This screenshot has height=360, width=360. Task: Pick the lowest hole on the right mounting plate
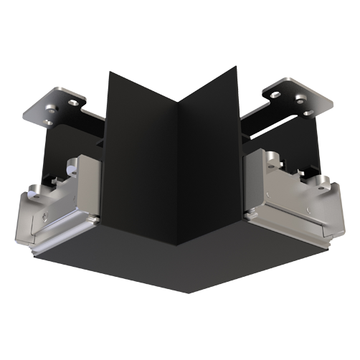[306, 113]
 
